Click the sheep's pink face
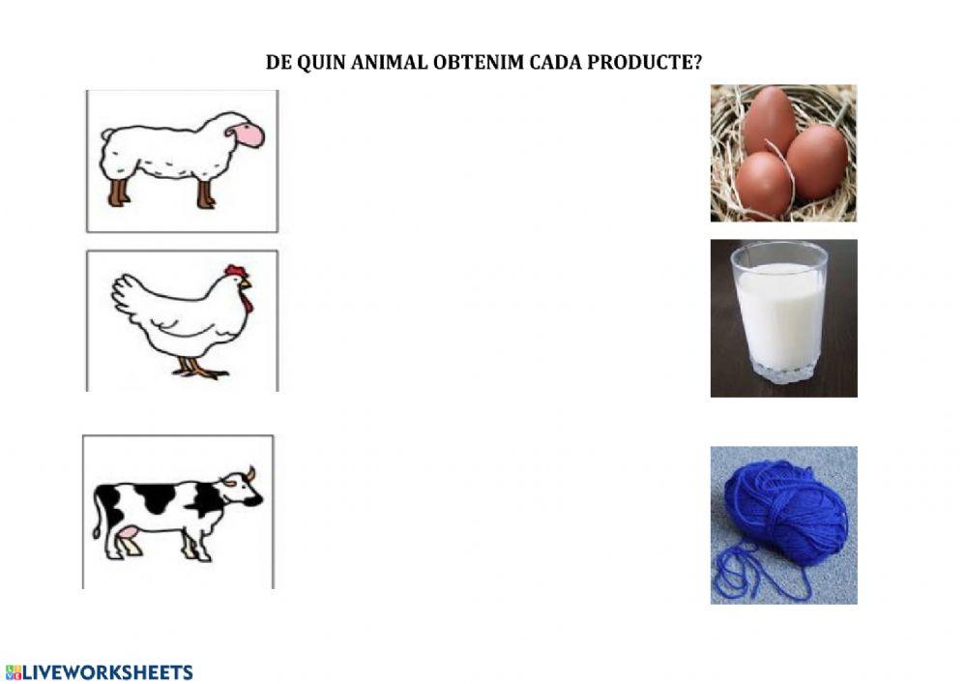click(x=249, y=135)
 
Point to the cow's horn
click(x=249, y=473)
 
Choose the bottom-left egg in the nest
click(x=762, y=184)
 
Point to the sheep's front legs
click(x=206, y=193)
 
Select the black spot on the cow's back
click(x=155, y=497)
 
